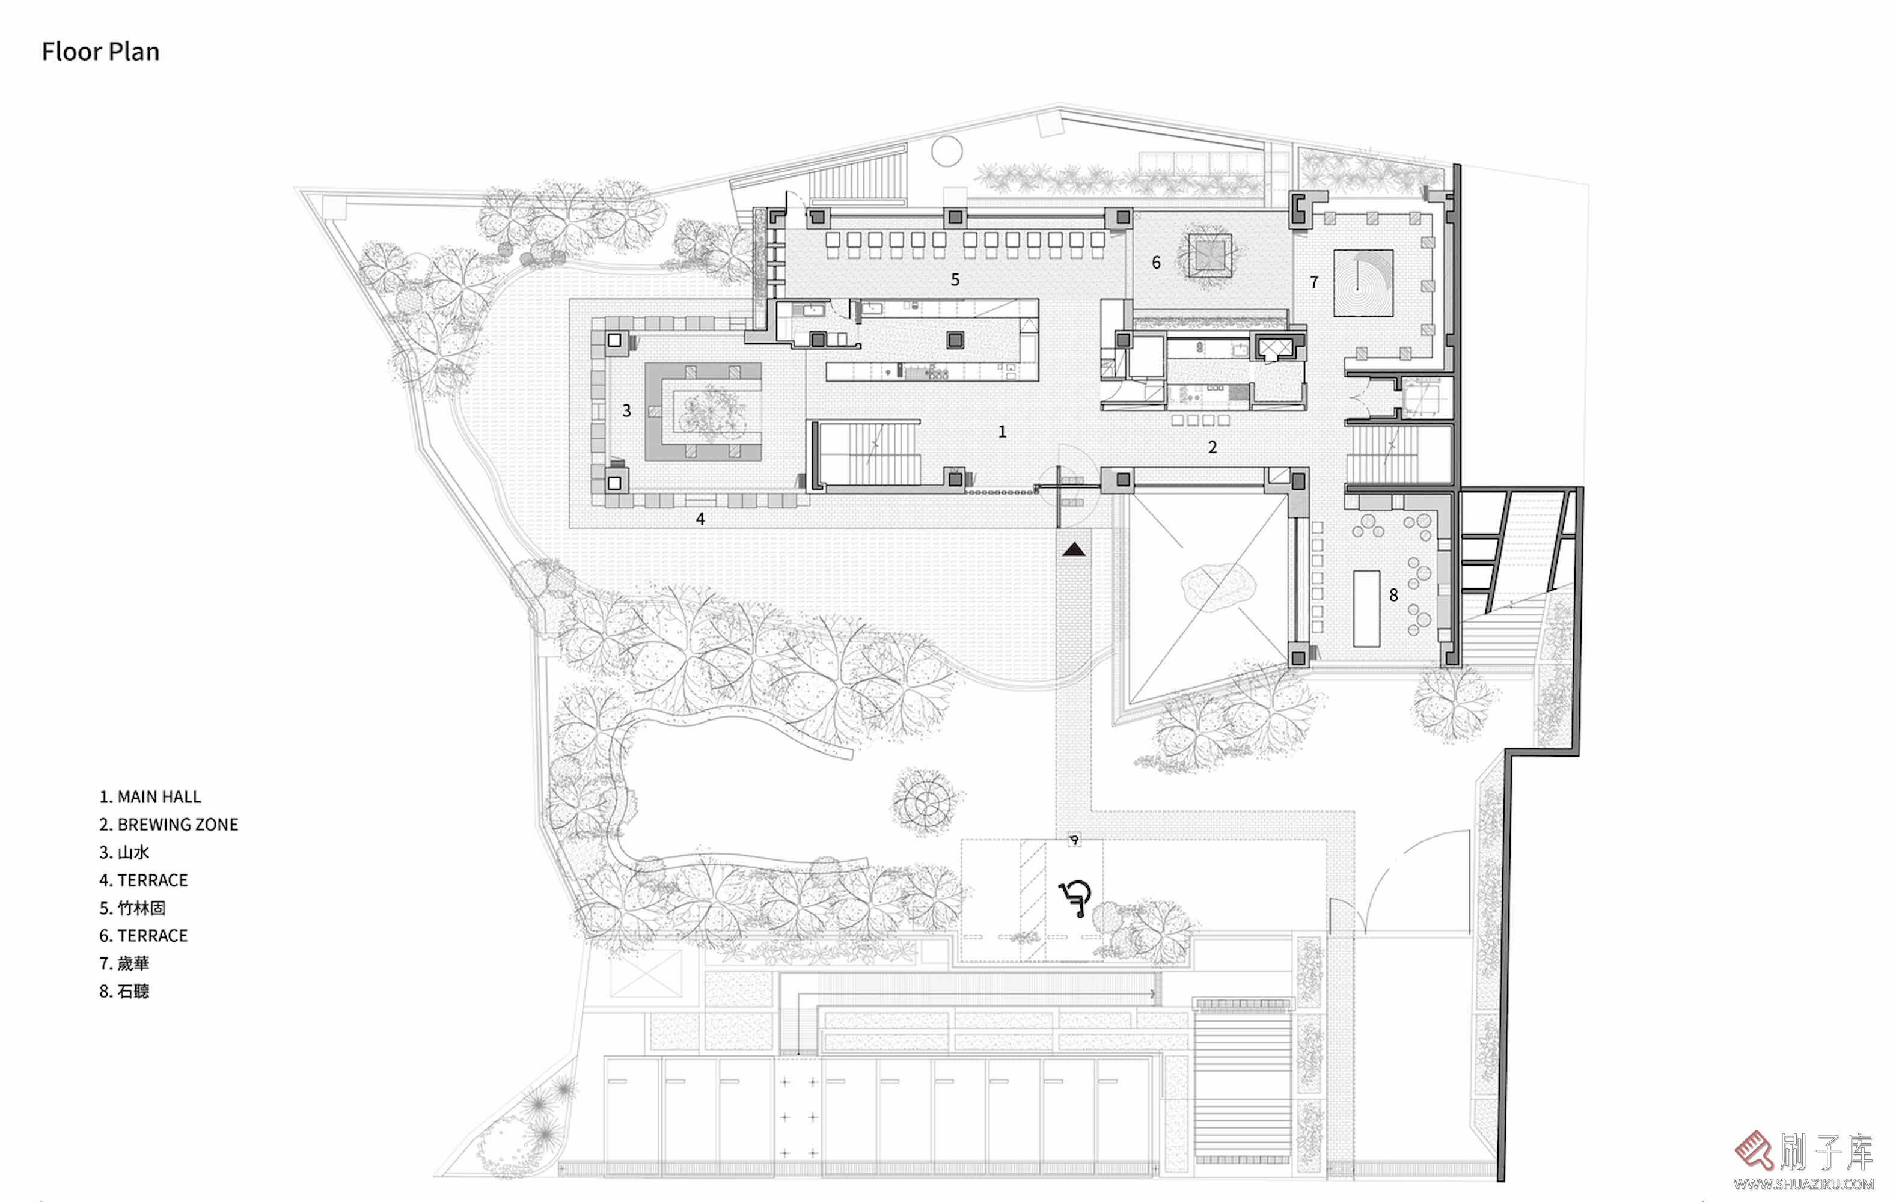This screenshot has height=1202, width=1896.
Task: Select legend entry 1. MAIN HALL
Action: pyautogui.click(x=150, y=796)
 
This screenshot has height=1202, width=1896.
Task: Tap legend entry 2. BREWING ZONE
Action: pyautogui.click(x=168, y=824)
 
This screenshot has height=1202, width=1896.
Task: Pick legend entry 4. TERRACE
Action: pyautogui.click(x=143, y=880)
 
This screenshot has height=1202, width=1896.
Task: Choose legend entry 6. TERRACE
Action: pyautogui.click(x=143, y=935)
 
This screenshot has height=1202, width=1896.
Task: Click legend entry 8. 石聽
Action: pyautogui.click(x=124, y=991)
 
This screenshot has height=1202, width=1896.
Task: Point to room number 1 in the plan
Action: pyautogui.click(x=1002, y=432)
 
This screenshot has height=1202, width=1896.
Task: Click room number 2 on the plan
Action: pyautogui.click(x=1213, y=447)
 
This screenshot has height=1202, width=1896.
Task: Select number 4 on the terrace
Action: pyautogui.click(x=700, y=519)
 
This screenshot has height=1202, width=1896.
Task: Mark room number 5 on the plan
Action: pyautogui.click(x=955, y=279)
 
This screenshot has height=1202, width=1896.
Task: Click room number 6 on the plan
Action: pyautogui.click(x=1156, y=262)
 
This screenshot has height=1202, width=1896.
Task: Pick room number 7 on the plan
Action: pyautogui.click(x=1314, y=282)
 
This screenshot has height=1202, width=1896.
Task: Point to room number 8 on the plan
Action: pyautogui.click(x=1393, y=595)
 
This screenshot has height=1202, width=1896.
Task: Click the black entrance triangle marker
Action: pyautogui.click(x=1074, y=549)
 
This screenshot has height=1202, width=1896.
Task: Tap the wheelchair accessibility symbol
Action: pyautogui.click(x=1075, y=898)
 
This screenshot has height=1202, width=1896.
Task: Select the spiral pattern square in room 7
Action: pyautogui.click(x=1363, y=282)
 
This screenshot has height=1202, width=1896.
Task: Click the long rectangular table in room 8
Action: pyautogui.click(x=1367, y=608)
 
